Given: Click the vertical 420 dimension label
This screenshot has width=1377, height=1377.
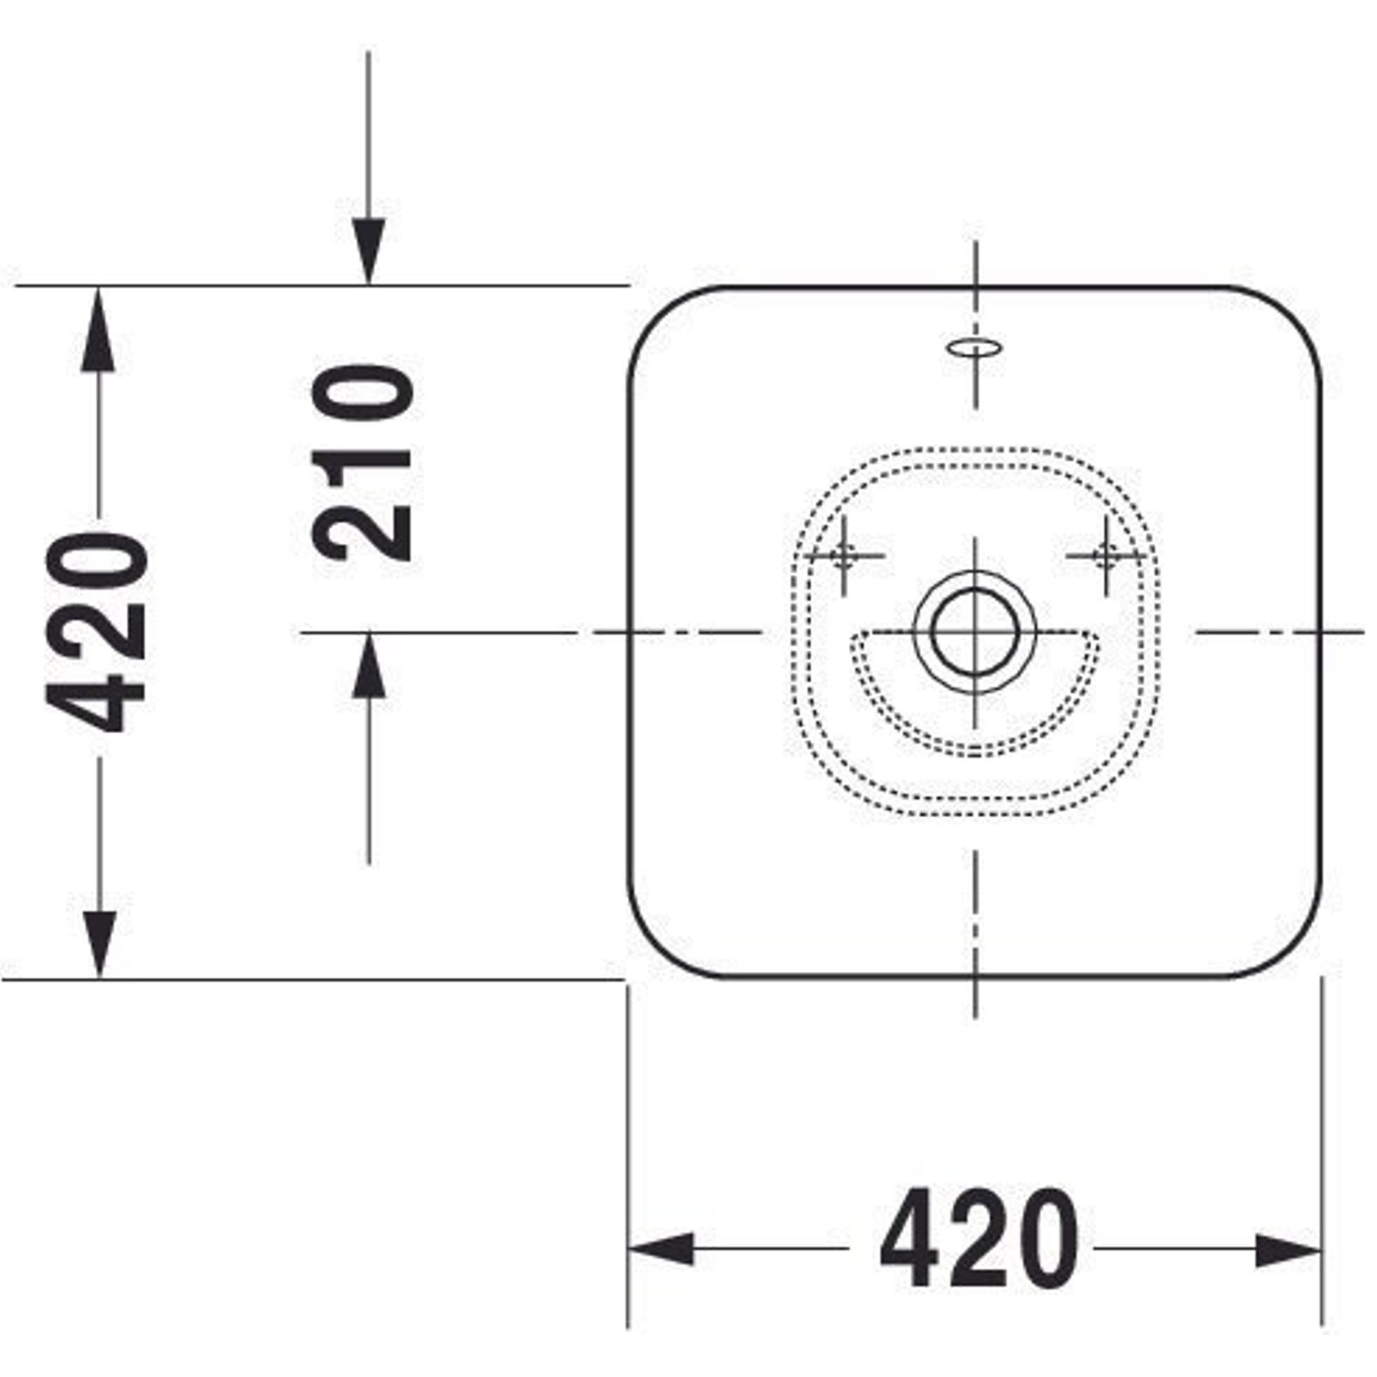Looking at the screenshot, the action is point(97,633).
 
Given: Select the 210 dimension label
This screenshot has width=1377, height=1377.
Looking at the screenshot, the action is point(363,463).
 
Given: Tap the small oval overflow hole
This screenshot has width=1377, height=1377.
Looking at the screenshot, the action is point(974,348).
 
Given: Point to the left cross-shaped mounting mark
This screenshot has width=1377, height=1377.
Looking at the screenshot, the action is point(845,555).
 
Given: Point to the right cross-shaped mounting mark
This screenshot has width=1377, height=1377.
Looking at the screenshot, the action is point(1106,555).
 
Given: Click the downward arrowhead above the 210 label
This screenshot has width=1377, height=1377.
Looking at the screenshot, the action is point(368,251).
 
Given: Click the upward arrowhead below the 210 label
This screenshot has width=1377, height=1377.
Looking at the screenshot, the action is point(368,665).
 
